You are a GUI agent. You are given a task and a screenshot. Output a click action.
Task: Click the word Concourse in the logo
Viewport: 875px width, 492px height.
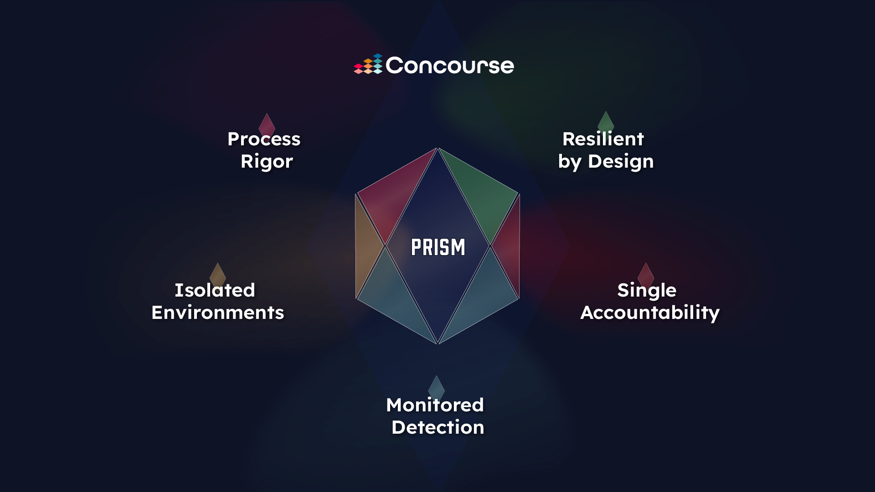coord(450,66)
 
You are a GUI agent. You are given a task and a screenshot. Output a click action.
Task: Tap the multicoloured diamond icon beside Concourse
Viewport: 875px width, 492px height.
coord(368,64)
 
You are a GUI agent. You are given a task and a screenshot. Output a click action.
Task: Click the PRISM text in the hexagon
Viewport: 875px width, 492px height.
coord(438,247)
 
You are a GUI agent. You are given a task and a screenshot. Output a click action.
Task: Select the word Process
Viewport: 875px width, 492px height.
coord(264,139)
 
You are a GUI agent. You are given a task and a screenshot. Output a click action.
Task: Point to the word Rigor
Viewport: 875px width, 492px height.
coord(267,162)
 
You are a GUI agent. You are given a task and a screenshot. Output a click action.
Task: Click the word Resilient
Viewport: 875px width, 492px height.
coord(603,139)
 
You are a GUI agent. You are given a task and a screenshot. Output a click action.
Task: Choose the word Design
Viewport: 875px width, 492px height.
coord(621,162)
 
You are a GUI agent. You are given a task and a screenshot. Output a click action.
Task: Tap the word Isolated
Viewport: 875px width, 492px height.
coord(215,290)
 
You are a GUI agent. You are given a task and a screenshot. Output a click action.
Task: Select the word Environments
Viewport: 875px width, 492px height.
coord(218,313)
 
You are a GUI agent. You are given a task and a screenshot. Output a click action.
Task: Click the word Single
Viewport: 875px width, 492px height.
coord(647,291)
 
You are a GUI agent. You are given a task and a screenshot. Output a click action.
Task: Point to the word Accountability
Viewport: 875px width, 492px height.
coord(650,313)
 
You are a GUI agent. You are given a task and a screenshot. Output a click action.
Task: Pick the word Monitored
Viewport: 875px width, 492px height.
coord(435,405)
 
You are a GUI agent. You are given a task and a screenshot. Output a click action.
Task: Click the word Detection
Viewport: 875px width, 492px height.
coord(438,427)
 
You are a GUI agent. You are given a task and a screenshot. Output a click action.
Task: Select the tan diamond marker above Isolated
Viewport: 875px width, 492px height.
coord(217,272)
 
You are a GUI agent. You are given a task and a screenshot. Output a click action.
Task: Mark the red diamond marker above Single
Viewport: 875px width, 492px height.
coord(646,272)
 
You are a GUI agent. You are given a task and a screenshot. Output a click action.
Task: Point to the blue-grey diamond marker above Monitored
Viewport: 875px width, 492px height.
coord(436,385)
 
